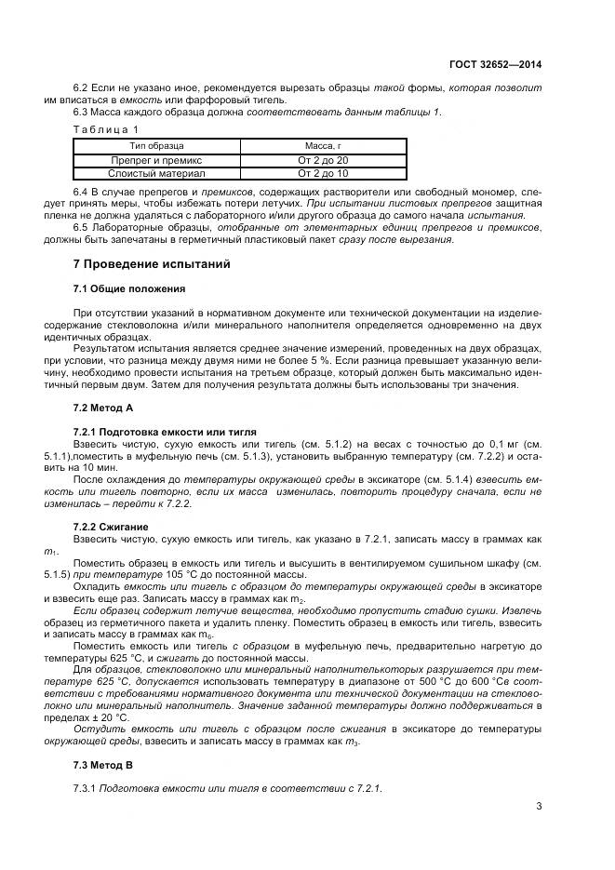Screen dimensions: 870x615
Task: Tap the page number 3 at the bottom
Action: (x=539, y=806)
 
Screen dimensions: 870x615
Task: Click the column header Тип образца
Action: (x=156, y=146)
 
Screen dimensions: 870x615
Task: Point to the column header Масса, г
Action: (x=323, y=146)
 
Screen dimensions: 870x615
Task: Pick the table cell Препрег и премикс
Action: (x=156, y=160)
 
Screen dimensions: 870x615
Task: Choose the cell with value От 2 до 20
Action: (x=323, y=160)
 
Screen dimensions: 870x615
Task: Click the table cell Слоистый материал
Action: (x=156, y=173)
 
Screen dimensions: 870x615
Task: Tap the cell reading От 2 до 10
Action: (x=323, y=173)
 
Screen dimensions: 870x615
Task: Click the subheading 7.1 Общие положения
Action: (x=128, y=288)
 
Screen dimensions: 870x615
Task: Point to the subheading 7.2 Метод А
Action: (x=103, y=408)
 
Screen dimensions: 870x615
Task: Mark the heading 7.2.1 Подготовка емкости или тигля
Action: (x=165, y=432)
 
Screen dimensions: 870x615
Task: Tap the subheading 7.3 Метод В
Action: (x=103, y=765)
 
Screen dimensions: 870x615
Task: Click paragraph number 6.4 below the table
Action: (x=81, y=191)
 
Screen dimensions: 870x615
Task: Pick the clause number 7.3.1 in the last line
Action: (x=85, y=788)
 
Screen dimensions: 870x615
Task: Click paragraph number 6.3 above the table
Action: (x=81, y=113)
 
